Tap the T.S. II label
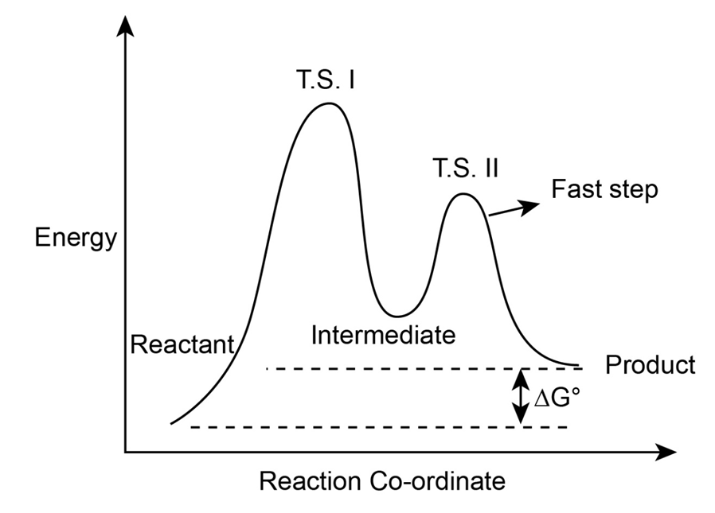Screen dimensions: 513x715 point(465,168)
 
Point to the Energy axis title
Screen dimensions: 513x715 point(76,238)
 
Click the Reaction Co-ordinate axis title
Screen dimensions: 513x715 point(382,481)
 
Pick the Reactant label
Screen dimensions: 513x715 point(182,344)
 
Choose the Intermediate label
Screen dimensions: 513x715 point(383,335)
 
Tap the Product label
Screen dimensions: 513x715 point(651,365)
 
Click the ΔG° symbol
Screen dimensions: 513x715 point(554,397)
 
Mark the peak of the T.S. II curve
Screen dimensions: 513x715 point(463,193)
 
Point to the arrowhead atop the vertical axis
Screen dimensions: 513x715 point(125,28)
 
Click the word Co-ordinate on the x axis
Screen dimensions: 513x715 point(435,481)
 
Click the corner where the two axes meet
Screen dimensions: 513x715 point(125,453)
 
